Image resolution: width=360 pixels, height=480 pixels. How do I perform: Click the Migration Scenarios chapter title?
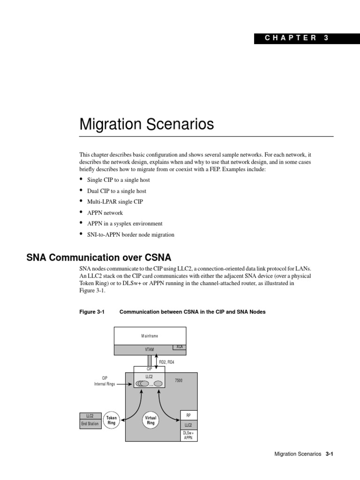click(x=146, y=124)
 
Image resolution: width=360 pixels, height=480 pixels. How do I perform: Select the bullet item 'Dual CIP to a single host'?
click(x=116, y=191)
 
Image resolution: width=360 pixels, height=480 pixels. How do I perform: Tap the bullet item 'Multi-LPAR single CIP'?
click(x=115, y=202)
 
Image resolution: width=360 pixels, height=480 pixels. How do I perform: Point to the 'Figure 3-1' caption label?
click(x=92, y=312)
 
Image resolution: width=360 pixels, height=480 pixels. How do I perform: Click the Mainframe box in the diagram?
click(x=150, y=336)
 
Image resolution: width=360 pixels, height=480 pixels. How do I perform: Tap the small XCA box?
click(x=179, y=347)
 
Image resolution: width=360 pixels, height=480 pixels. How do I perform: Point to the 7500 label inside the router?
click(x=179, y=381)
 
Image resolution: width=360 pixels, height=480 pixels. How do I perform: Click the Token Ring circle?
click(x=112, y=420)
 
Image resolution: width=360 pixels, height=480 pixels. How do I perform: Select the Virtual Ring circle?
click(x=150, y=420)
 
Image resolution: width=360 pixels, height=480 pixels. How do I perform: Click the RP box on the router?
click(x=189, y=415)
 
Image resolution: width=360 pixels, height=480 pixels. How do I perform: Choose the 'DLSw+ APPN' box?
click(x=188, y=435)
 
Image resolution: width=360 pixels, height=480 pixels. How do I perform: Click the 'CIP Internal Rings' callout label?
click(x=105, y=380)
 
